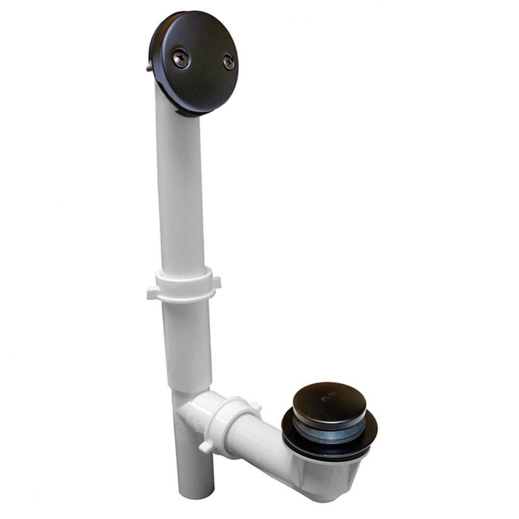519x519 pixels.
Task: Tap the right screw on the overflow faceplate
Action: point(229,62)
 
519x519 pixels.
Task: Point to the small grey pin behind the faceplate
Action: point(150,66)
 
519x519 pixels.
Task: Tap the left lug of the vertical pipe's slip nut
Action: point(152,293)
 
